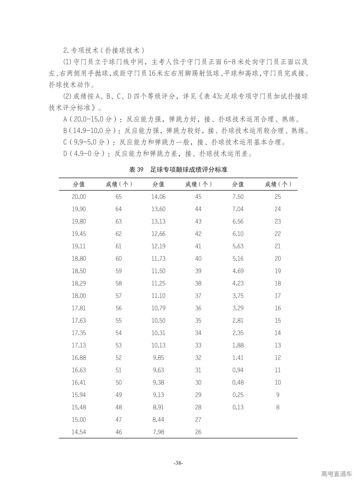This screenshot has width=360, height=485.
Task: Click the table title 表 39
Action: [x=136, y=170]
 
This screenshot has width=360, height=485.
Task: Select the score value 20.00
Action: [x=79, y=197]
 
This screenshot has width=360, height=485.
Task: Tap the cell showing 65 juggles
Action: [x=119, y=197]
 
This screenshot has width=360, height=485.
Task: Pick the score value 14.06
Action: [x=158, y=197]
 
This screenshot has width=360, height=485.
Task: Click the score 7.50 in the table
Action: [x=238, y=197]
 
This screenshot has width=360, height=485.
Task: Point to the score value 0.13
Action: [x=238, y=407]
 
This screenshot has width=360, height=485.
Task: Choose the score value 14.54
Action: [x=79, y=432]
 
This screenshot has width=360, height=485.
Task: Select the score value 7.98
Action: [x=158, y=432]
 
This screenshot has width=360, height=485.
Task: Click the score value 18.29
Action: [x=79, y=283]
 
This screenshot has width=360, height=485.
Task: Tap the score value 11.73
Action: [x=158, y=258]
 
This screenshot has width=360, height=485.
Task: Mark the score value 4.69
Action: [x=238, y=271]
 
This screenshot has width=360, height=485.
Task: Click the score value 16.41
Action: [x=79, y=382]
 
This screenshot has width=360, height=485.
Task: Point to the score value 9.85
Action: [x=158, y=358]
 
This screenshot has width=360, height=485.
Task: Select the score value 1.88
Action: [x=238, y=345]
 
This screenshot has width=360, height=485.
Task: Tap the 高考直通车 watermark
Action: [x=336, y=474]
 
